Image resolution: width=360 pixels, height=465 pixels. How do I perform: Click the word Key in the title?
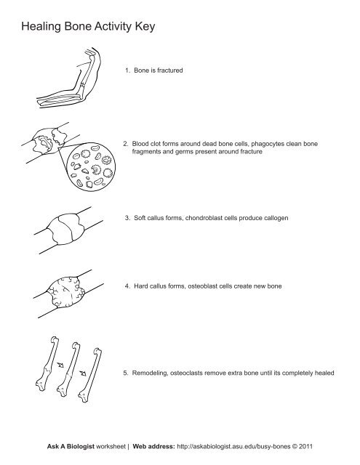[145, 27]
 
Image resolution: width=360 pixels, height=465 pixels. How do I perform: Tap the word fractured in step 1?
[170, 70]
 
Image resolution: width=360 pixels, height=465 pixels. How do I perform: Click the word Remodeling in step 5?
[150, 373]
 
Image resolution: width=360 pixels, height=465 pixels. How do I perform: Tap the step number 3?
[127, 218]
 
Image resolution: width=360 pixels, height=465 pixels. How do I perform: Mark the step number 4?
[127, 286]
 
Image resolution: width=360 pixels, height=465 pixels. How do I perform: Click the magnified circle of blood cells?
[91, 166]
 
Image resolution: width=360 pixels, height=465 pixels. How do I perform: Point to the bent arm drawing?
[70, 78]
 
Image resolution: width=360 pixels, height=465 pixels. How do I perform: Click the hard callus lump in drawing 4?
[67, 292]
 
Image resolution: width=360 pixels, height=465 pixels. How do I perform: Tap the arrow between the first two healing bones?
[60, 365]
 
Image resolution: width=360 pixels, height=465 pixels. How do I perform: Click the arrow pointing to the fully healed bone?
[83, 373]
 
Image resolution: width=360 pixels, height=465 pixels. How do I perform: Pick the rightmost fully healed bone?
[90, 375]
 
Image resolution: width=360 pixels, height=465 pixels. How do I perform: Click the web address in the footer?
[233, 446]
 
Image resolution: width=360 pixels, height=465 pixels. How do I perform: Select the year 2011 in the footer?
[305, 446]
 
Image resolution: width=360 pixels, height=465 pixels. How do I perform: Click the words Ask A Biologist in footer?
[71, 446]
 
